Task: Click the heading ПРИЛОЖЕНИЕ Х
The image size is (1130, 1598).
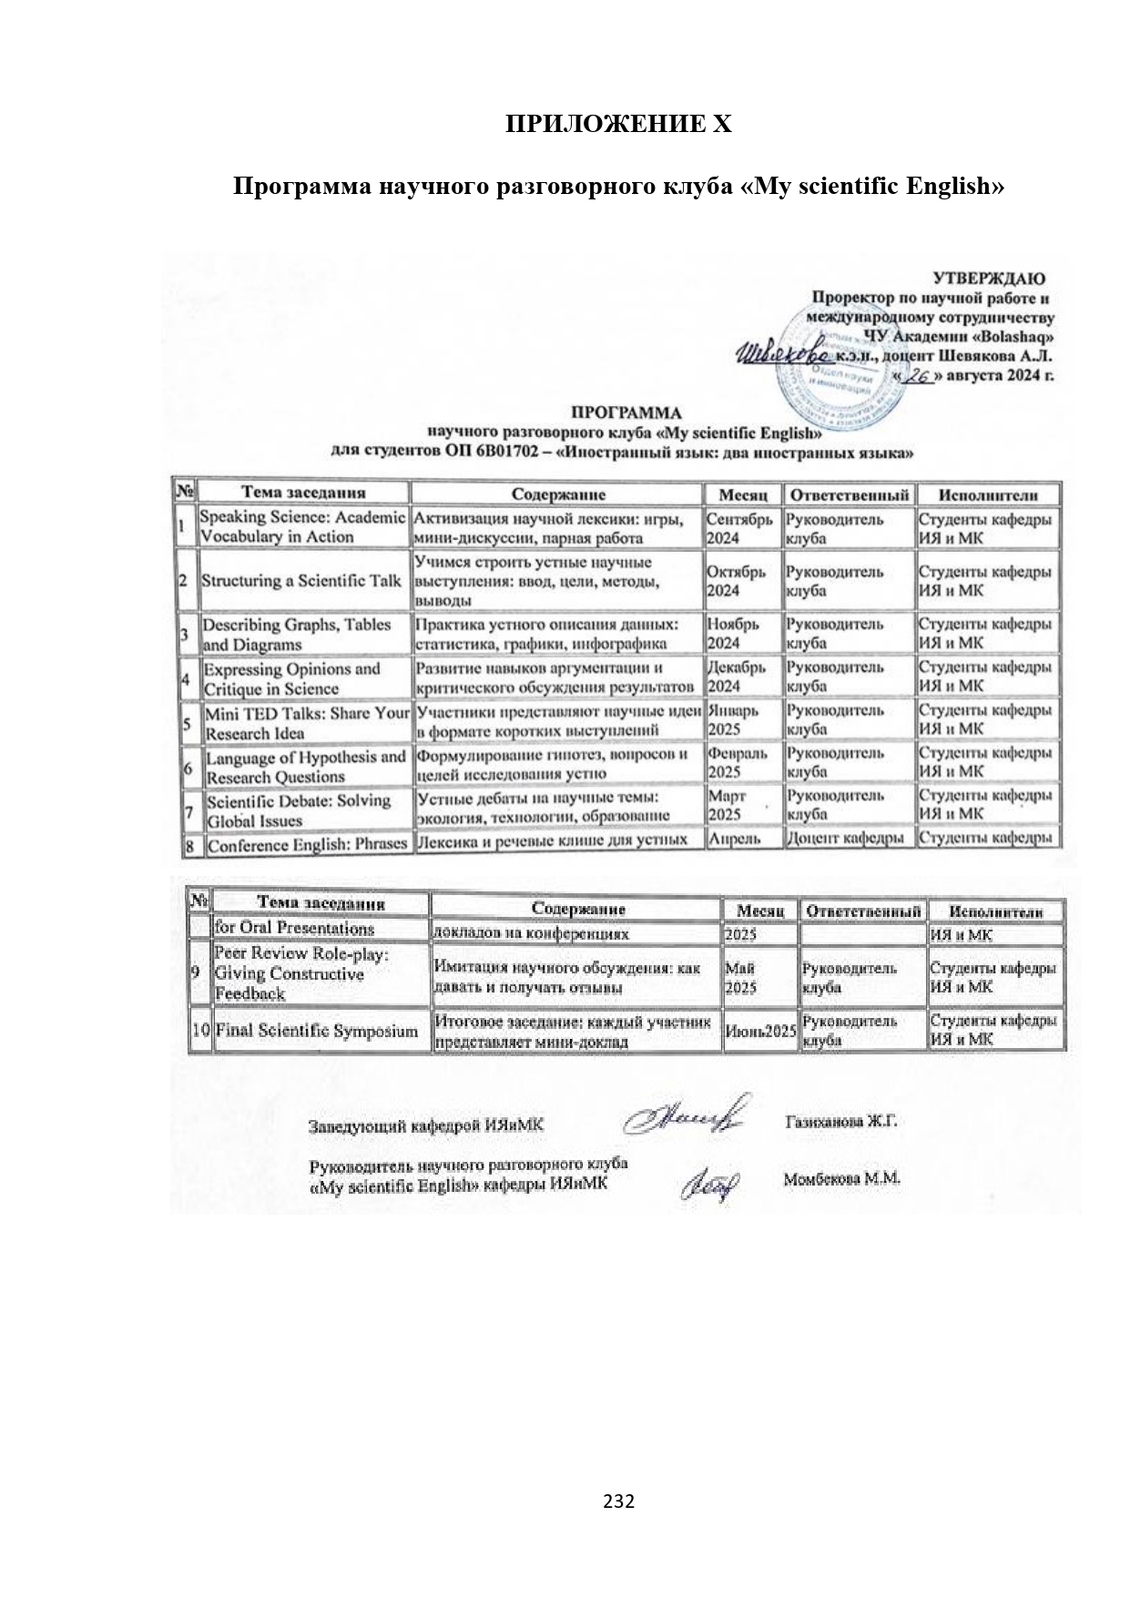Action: (x=618, y=125)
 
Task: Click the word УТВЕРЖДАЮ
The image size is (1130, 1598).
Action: (x=989, y=279)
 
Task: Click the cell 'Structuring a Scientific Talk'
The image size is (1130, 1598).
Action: (x=301, y=580)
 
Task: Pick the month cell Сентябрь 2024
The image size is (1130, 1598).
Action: (x=740, y=528)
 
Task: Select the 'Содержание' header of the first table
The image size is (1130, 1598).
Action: (x=557, y=494)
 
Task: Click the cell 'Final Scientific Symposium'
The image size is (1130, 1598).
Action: (x=316, y=1032)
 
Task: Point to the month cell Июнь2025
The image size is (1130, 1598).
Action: (x=760, y=1032)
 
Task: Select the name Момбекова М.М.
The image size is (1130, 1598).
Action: (x=841, y=1179)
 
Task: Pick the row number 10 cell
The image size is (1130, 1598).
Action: (x=201, y=1032)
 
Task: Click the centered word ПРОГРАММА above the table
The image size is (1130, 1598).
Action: (x=625, y=412)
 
